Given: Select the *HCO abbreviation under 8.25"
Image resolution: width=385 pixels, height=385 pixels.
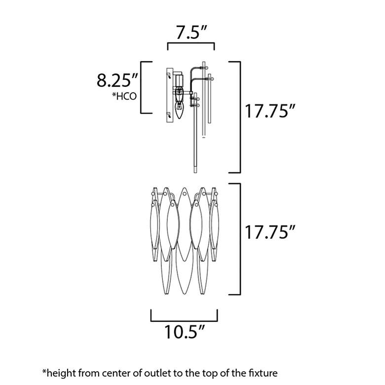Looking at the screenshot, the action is (x=124, y=96).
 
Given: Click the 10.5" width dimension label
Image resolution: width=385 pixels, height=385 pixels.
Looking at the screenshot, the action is (x=184, y=332).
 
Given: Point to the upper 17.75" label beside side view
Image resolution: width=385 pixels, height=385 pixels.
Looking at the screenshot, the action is (x=269, y=111).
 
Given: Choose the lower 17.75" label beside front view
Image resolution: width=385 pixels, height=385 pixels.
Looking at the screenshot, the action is (x=269, y=232).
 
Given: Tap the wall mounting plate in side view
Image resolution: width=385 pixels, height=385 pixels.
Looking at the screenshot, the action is (x=170, y=95).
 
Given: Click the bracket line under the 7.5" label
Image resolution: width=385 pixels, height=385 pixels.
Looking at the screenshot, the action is (x=191, y=43).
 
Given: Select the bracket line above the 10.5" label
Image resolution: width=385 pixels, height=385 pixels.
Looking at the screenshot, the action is (x=184, y=321).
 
